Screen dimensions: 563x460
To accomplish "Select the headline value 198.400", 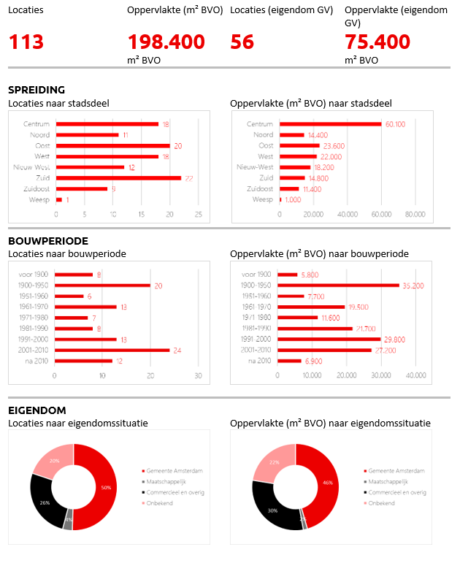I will [x=166, y=42].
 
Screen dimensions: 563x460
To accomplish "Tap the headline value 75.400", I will [x=377, y=42].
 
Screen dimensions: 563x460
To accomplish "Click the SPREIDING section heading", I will [x=37, y=90].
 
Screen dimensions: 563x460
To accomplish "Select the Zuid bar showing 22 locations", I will [x=118, y=177].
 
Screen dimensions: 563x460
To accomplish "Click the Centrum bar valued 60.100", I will [x=330, y=124].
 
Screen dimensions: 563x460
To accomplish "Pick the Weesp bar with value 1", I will [x=59, y=199].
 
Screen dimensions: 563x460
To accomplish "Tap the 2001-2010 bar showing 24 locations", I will [x=112, y=350].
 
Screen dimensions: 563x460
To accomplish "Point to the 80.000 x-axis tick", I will [x=415, y=214].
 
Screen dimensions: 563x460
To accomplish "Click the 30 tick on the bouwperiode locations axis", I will [x=198, y=375].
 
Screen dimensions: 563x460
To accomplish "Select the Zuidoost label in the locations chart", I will [x=37, y=188].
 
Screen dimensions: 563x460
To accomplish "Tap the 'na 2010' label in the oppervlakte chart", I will [x=261, y=361].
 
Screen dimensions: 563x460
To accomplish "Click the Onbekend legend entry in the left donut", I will [x=158, y=503].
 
